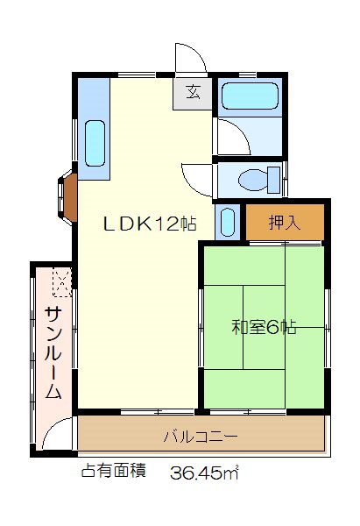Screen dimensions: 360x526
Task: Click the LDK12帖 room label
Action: click(150, 224)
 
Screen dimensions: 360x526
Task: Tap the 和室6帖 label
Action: click(264, 327)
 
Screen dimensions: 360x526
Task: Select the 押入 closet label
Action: click(285, 222)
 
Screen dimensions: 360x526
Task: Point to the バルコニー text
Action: click(201, 437)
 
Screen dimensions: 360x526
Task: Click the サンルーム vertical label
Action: click(53, 353)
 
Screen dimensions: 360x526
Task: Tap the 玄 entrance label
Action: click(194, 92)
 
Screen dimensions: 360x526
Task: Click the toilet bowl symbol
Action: click(253, 180)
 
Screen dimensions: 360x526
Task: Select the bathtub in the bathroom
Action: click(250, 96)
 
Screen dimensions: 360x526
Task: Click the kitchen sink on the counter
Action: click(95, 143)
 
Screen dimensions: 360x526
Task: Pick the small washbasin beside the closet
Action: click(228, 222)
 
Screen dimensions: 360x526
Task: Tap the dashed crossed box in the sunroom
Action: click(62, 282)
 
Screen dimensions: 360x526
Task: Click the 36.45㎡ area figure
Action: click(204, 473)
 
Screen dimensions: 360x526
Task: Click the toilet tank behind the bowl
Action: click(274, 180)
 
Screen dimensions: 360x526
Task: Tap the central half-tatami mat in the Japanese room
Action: click(265, 327)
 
